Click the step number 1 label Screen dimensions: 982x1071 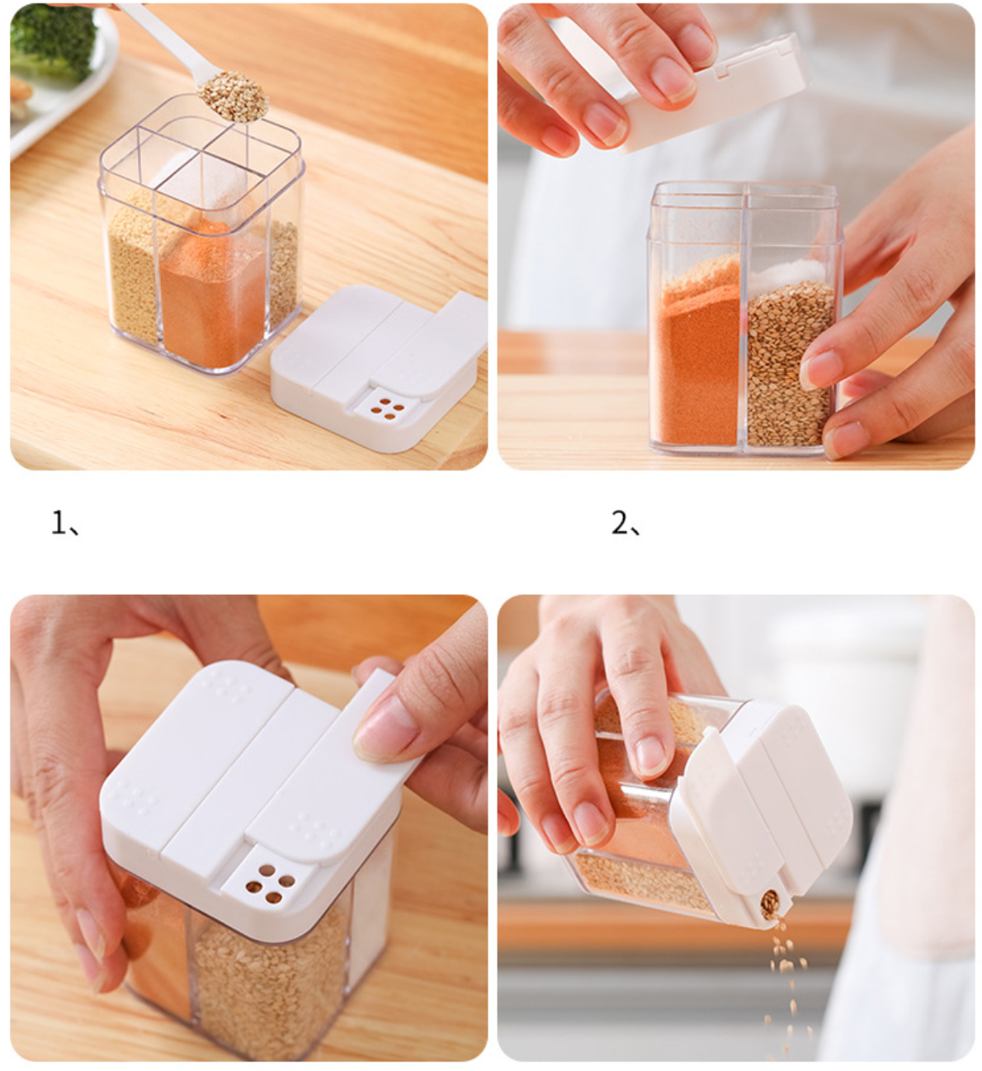point(64,522)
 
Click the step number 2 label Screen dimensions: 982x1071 point(626,522)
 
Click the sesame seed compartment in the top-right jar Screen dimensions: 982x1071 point(791,363)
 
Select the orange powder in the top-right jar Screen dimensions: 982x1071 point(696,352)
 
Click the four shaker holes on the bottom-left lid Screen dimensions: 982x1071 point(270,884)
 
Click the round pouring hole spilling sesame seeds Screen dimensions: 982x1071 point(769,903)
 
